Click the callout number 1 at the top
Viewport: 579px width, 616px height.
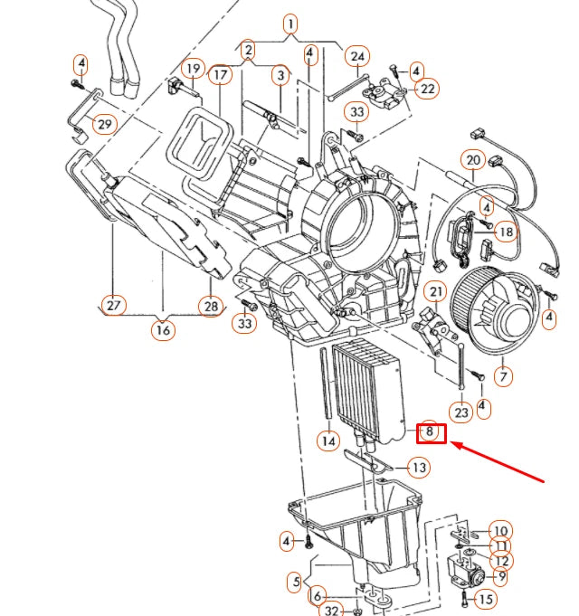coord(289,24)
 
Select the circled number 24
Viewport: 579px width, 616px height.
coord(356,57)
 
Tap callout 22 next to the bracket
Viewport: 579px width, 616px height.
coord(428,89)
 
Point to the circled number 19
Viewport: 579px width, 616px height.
coord(193,69)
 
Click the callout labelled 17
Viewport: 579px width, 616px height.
coord(219,75)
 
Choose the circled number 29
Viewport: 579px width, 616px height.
coord(105,123)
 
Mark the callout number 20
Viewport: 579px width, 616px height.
coord(473,160)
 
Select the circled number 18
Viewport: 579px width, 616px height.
coord(505,232)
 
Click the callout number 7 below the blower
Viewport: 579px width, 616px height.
coord(502,374)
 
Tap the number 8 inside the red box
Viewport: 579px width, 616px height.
coord(432,432)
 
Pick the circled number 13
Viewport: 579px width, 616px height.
coord(418,468)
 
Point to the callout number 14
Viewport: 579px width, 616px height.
coord(328,441)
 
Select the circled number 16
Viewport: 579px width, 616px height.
coord(163,330)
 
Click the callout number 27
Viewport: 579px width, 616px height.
coord(113,306)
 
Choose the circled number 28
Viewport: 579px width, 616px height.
coord(211,307)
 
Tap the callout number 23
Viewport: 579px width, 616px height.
coord(461,413)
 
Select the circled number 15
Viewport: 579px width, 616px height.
coord(485,599)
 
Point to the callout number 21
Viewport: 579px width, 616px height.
coord(437,291)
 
